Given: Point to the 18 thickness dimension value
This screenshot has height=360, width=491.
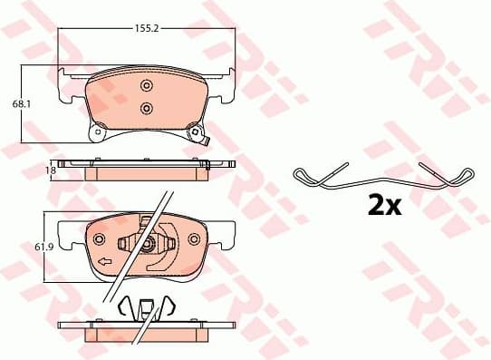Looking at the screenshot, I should (53, 169).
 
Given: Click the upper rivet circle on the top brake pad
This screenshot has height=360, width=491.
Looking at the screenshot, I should (147, 85).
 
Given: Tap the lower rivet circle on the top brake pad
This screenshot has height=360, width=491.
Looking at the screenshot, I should (147, 109).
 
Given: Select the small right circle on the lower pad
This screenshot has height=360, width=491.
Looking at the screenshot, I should (193, 239).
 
